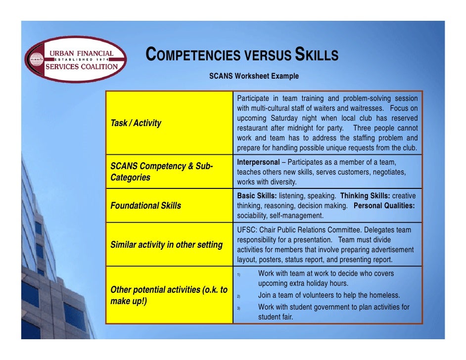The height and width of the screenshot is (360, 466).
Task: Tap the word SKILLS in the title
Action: click(317, 55)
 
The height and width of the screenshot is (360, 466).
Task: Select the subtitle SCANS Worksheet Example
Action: click(254, 76)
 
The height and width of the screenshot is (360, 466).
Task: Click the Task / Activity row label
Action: click(136, 123)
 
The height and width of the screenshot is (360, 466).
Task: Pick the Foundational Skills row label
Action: click(145, 205)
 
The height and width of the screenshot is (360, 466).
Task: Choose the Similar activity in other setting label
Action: click(166, 245)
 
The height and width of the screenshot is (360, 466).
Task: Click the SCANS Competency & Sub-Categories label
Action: click(161, 172)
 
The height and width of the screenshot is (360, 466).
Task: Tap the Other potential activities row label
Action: click(168, 295)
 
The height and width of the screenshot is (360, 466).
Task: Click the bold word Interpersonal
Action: click(258, 162)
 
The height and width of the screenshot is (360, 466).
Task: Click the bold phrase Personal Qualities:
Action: click(384, 206)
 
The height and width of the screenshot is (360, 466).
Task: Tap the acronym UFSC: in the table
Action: click(247, 230)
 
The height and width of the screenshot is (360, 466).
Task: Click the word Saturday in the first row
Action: click(288, 118)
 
